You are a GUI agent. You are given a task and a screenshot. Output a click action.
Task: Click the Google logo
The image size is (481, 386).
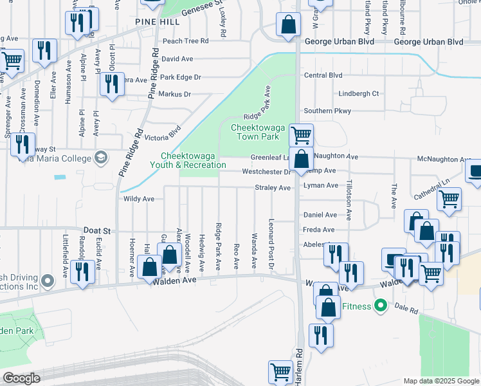click(x=21, y=378)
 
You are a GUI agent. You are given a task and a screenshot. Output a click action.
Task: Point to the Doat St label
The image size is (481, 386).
click(x=97, y=230)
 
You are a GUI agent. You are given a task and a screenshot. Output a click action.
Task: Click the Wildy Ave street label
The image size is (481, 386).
click(x=139, y=199)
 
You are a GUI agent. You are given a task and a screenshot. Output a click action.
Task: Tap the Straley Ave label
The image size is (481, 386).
click(x=273, y=188)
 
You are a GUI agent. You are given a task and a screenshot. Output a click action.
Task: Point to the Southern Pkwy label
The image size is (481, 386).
click(x=327, y=111)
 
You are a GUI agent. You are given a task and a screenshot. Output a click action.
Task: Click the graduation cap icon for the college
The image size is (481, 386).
click(x=101, y=158)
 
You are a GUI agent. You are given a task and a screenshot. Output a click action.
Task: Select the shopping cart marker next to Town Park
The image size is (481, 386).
click(x=301, y=135)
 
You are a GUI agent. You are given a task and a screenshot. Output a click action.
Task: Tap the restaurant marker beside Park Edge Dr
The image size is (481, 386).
click(x=113, y=84)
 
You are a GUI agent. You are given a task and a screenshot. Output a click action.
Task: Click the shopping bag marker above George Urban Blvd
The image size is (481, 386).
click(x=289, y=25)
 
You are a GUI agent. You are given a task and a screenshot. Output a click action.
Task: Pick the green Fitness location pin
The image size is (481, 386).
click(x=381, y=305)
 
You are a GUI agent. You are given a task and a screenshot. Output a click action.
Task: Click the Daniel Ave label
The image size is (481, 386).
click(x=320, y=214)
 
